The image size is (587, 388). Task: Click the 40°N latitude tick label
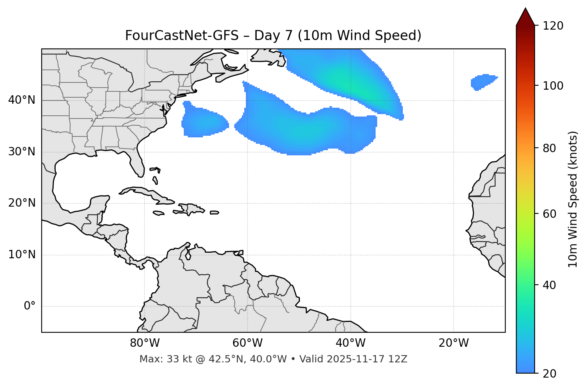click(x=22, y=100)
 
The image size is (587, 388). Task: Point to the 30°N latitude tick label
click(x=22, y=152)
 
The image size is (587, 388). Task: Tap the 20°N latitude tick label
click(x=22, y=203)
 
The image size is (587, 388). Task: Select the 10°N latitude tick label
click(x=22, y=255)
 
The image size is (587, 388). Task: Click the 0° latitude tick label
click(x=29, y=306)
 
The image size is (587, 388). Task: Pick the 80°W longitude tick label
click(x=145, y=343)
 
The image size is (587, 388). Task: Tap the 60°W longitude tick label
click(x=247, y=343)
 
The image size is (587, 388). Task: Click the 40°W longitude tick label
click(x=351, y=343)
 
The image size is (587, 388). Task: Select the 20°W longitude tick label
click(x=454, y=343)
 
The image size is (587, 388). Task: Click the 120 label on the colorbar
click(x=553, y=26)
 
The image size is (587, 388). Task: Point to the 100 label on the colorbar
click(x=553, y=86)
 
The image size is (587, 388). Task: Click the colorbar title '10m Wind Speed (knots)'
click(x=573, y=199)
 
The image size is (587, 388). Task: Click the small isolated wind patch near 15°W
click(x=484, y=82)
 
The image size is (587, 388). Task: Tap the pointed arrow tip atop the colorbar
click(x=525, y=10)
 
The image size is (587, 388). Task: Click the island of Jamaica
click(x=159, y=213)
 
